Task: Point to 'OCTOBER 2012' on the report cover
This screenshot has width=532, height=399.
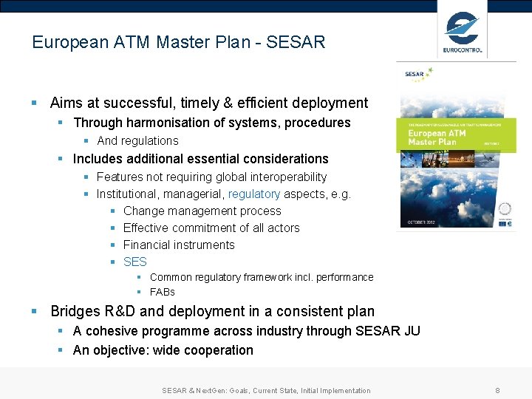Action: [x=423, y=222]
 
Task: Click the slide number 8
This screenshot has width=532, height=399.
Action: [x=497, y=390]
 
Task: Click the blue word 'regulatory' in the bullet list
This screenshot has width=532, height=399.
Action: [x=254, y=194]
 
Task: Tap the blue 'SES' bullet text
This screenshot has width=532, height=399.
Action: [x=135, y=262]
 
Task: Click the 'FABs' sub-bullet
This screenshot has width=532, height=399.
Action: [x=162, y=292]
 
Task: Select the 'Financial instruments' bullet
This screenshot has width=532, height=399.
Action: [x=179, y=245]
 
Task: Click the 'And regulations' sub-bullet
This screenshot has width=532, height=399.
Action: [x=137, y=140]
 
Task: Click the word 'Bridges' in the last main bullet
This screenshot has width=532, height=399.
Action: [x=76, y=311]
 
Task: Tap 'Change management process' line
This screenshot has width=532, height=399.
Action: [x=202, y=211]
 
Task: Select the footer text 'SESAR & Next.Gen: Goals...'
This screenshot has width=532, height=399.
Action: [x=266, y=390]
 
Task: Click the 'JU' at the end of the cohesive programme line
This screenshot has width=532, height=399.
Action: [x=411, y=331]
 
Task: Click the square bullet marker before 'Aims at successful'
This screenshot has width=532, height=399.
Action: [x=35, y=103]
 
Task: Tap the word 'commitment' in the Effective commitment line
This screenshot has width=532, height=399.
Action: [x=202, y=228]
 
